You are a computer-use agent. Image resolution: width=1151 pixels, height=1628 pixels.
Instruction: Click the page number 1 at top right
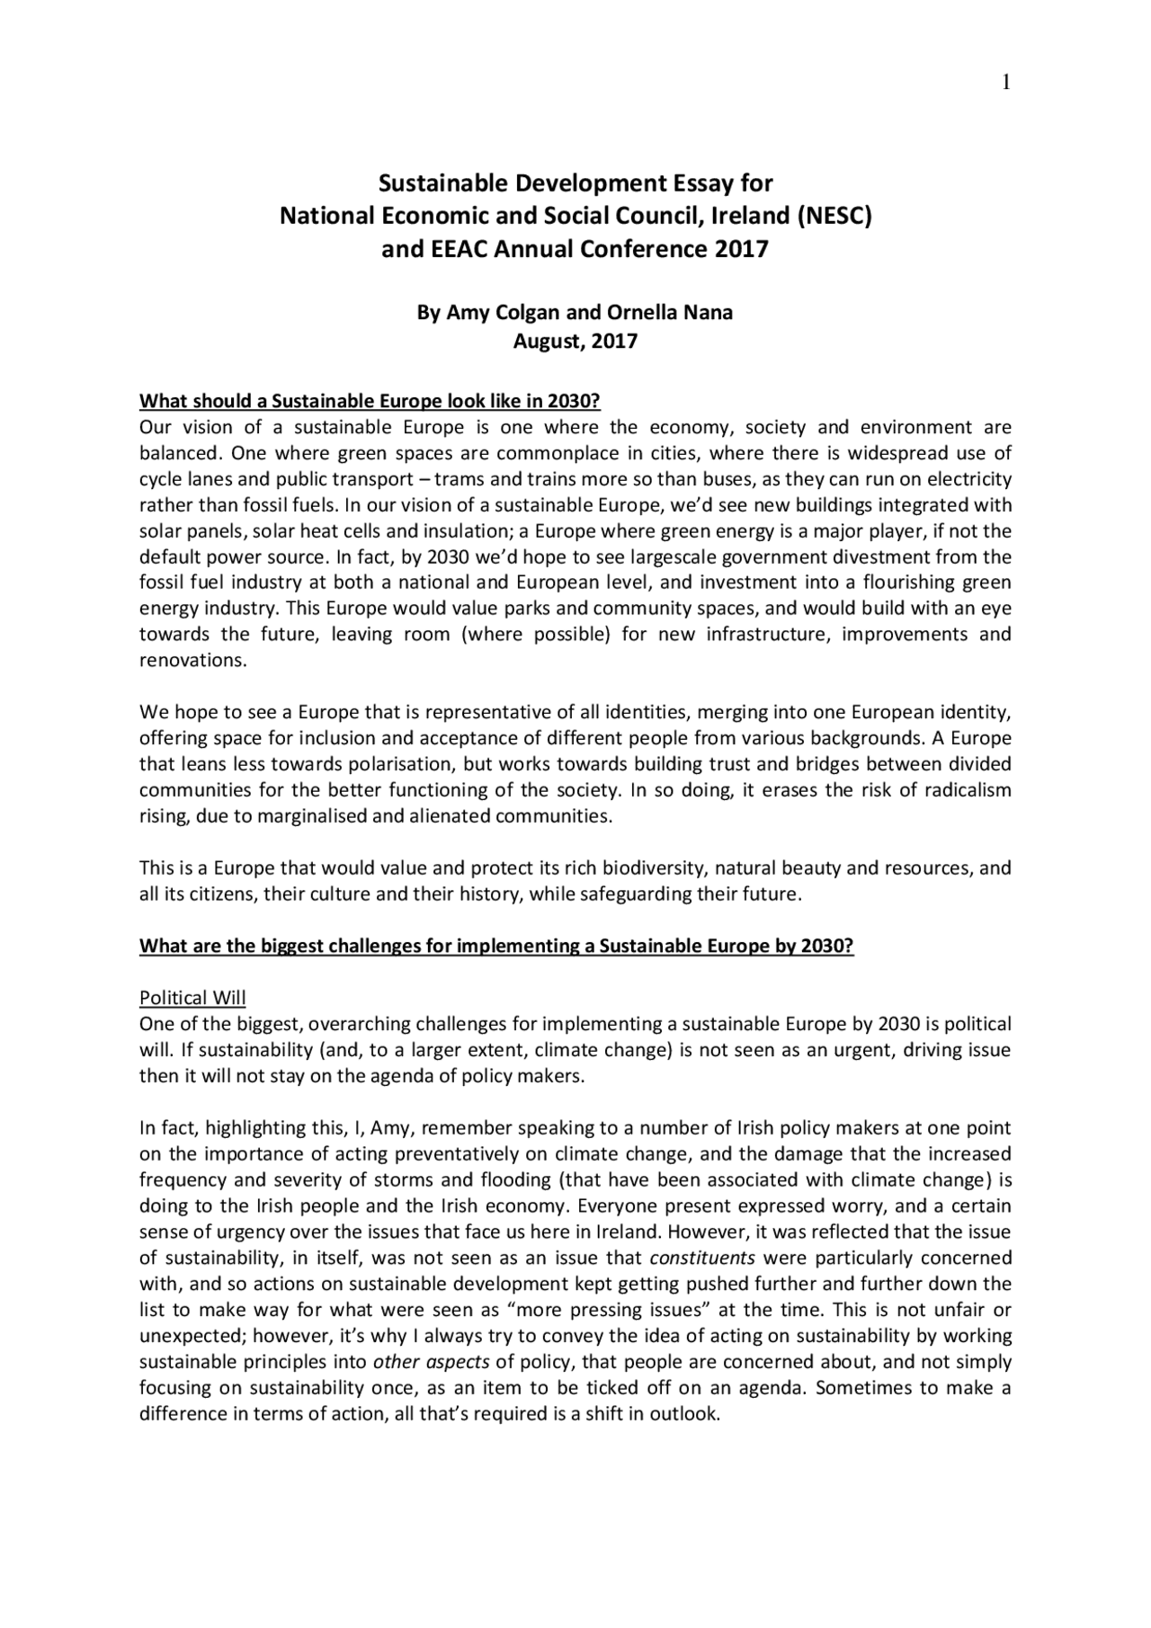click(x=1006, y=83)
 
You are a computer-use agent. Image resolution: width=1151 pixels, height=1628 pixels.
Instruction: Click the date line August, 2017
click(x=575, y=342)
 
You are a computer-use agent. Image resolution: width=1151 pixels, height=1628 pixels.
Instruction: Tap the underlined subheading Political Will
click(x=192, y=998)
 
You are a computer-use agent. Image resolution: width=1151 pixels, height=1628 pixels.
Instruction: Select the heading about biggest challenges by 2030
click(x=495, y=946)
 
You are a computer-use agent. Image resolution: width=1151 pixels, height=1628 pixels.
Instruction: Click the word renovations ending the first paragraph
click(x=191, y=661)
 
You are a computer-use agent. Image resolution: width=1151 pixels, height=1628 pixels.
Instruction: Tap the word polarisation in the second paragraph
click(x=406, y=765)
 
